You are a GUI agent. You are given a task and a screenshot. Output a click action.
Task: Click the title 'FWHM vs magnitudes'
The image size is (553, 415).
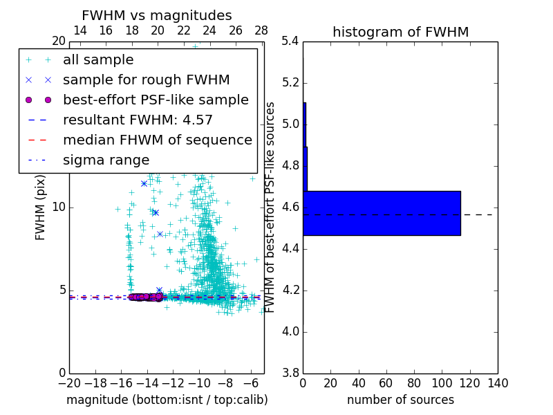tap(157, 15)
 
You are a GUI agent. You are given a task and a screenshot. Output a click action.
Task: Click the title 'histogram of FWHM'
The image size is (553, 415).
tap(400, 32)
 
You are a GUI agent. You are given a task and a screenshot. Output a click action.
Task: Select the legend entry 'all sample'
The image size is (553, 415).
tap(98, 60)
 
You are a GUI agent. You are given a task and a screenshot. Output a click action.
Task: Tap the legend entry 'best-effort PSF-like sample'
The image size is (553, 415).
tap(156, 100)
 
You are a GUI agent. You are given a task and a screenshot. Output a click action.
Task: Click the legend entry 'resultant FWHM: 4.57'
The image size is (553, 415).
tap(138, 120)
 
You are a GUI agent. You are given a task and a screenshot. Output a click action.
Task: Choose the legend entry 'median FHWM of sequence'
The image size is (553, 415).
tap(157, 140)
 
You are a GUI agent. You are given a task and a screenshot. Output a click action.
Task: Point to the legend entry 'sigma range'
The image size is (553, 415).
tap(106, 160)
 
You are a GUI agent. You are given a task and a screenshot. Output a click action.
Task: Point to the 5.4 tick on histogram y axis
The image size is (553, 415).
tap(290, 41)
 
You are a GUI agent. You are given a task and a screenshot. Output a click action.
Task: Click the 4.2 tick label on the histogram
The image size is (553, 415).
tap(290, 290)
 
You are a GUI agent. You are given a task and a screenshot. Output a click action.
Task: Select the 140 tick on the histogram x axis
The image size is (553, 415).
tap(498, 383)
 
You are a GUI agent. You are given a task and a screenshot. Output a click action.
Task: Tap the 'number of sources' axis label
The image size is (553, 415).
tap(400, 400)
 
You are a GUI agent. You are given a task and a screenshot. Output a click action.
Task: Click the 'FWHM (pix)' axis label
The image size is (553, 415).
tap(41, 207)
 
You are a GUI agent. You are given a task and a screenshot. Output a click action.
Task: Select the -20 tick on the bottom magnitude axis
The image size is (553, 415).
tap(69, 383)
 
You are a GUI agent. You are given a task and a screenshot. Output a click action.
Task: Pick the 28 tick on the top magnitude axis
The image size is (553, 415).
tap(261, 30)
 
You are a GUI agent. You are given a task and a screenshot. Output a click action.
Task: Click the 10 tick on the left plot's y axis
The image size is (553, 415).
tap(59, 207)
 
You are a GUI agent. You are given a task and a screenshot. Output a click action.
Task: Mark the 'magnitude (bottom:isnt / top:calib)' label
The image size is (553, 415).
tap(167, 400)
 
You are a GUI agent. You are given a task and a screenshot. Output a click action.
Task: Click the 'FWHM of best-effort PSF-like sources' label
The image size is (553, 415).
tap(271, 207)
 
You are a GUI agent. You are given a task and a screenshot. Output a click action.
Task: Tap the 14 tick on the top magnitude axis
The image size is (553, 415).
tap(79, 30)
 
